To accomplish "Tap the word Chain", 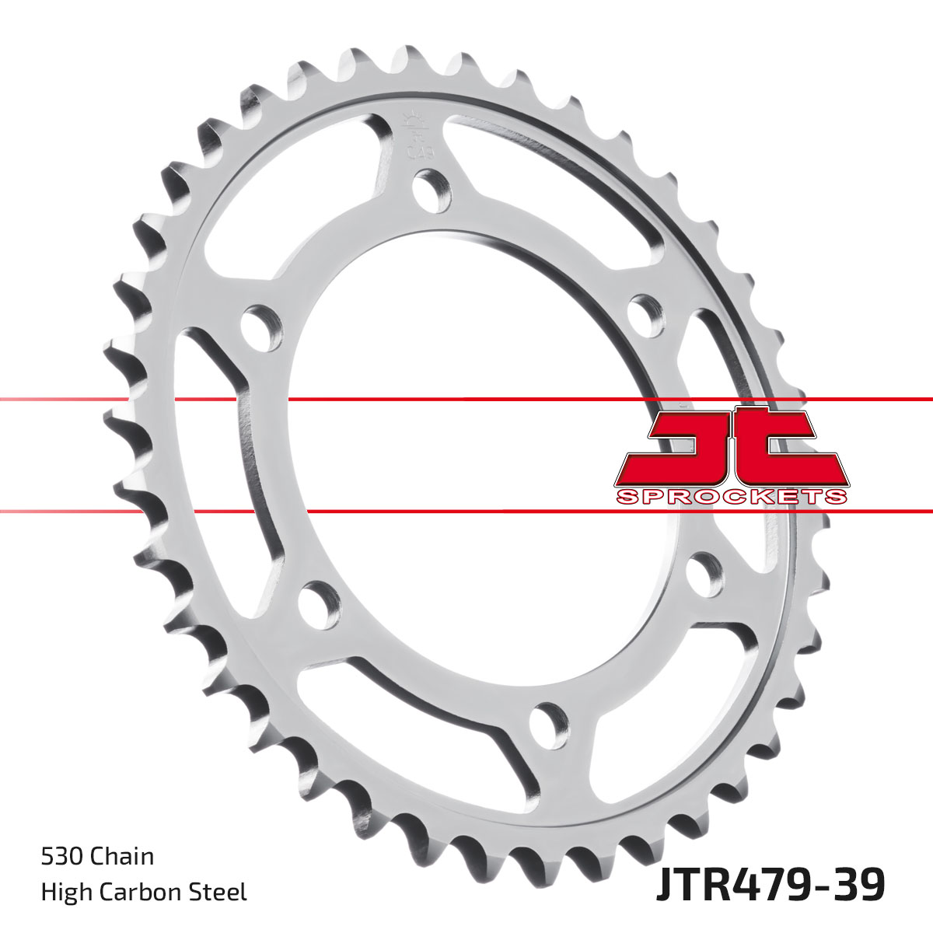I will coord(122,857).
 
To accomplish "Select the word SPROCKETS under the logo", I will coord(730,496).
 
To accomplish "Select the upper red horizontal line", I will coord(466,399).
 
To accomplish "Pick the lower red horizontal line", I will coord(466,511).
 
